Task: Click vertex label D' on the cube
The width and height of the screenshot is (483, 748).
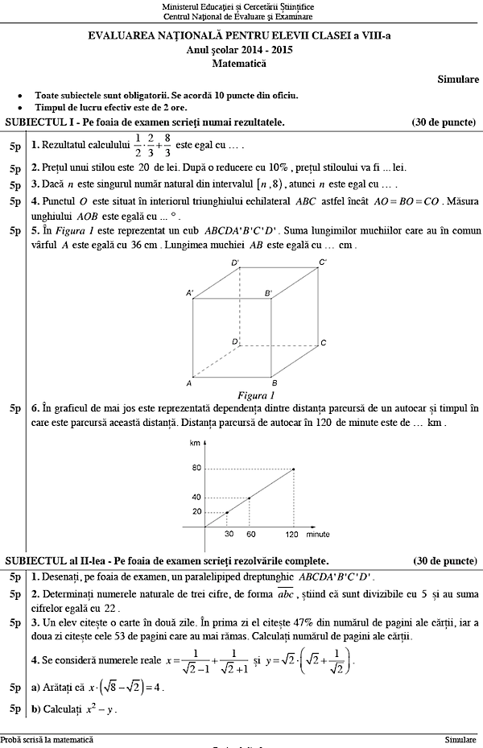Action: [x=235, y=263]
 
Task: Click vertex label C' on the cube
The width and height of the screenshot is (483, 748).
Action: [x=323, y=262]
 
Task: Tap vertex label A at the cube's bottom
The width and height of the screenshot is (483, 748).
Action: [x=188, y=382]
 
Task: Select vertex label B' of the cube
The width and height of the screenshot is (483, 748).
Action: [x=268, y=294]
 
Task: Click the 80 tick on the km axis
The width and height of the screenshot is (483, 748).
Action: [x=196, y=469]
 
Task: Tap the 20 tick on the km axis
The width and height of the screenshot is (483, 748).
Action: [x=196, y=512]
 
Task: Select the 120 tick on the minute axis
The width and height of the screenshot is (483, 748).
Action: [x=293, y=535]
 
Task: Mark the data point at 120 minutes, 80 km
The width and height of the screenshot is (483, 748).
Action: [x=293, y=469]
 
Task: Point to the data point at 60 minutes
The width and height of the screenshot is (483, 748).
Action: [x=249, y=498]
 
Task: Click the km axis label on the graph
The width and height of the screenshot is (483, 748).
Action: [x=194, y=444]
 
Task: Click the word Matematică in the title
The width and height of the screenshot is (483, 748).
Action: [x=241, y=62]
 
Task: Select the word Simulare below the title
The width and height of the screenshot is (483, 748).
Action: [x=459, y=79]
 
